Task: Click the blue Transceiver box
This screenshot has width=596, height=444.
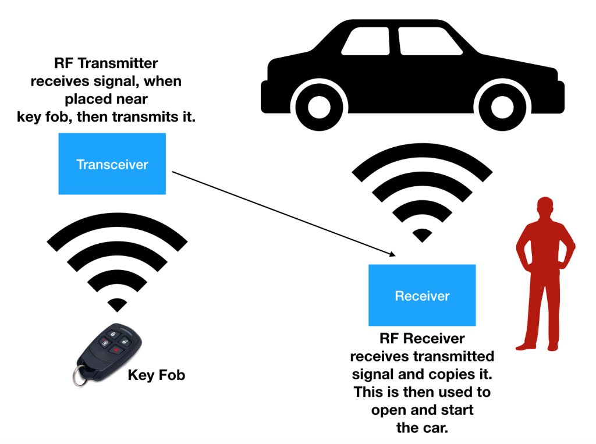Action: [112, 164]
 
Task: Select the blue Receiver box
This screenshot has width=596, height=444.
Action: [422, 295]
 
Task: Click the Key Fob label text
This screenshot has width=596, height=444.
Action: [156, 375]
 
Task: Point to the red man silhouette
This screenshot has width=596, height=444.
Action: [545, 273]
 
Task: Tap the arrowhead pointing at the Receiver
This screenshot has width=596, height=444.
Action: [393, 254]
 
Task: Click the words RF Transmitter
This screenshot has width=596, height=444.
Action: [105, 63]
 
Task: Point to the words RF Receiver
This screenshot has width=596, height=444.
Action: [422, 339]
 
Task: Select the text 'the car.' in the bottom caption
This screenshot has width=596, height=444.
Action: [422, 428]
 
